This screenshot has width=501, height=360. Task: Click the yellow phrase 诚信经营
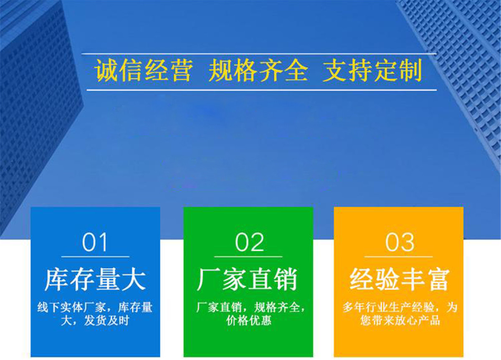[144, 71]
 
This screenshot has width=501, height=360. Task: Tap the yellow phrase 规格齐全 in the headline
[258, 71]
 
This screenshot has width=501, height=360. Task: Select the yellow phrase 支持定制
[372, 70]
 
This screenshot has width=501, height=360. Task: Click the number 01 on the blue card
[94, 242]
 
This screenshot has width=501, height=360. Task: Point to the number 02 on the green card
[249, 242]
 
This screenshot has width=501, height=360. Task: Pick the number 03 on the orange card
[400, 242]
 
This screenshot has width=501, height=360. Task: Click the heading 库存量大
[95, 280]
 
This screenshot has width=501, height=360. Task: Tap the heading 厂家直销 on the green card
[247, 280]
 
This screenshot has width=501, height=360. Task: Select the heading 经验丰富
[400, 280]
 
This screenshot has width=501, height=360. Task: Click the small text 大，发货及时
[95, 321]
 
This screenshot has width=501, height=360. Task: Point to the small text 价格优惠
[248, 321]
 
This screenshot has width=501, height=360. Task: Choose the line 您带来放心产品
[400, 321]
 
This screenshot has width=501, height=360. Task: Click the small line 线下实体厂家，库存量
[95, 307]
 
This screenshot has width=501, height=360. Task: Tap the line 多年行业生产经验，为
[400, 307]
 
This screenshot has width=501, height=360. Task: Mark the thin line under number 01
[96, 256]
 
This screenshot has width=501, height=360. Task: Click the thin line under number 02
[248, 256]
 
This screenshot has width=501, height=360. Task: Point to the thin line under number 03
[399, 256]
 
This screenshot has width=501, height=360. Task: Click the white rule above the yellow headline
[259, 54]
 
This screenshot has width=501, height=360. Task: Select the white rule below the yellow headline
[262, 90]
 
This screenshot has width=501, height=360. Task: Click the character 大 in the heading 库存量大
[134, 280]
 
